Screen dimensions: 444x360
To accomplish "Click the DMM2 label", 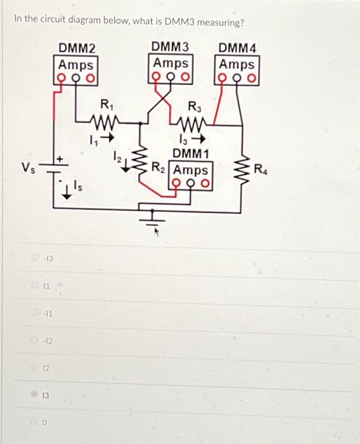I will [x=77, y=48].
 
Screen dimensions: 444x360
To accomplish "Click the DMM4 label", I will [x=236, y=48].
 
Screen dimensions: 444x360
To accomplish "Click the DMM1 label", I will [x=191, y=154].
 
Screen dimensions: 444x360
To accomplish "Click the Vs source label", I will [x=28, y=168].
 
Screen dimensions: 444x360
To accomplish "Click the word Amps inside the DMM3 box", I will [x=171, y=63].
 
